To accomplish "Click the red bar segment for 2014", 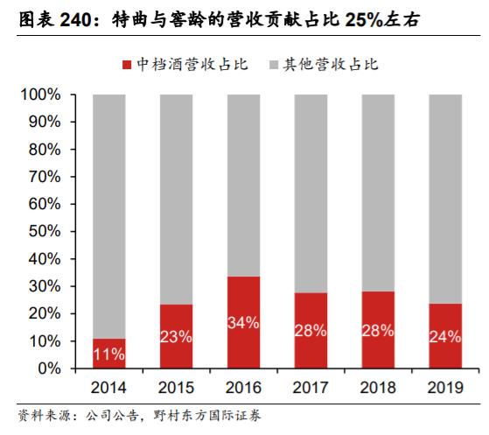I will pyautogui.click(x=109, y=353).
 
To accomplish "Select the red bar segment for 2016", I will pyautogui.click(x=244, y=322).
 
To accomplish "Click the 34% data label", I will pyautogui.click(x=244, y=322).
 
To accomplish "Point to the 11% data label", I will pyautogui.click(x=109, y=355).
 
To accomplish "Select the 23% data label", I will pyautogui.click(x=177, y=337).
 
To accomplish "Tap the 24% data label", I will pyautogui.click(x=445, y=337).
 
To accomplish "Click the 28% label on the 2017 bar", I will pyautogui.click(x=311, y=331).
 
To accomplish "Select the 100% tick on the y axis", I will pyautogui.click(x=41, y=95).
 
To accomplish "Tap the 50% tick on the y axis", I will pyautogui.click(x=45, y=232).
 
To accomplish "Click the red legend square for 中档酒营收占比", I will pyautogui.click(x=126, y=65).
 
